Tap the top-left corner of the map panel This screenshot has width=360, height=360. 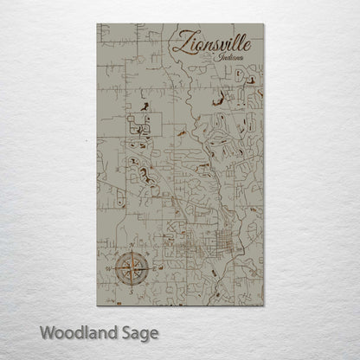97,23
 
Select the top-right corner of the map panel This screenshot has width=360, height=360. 264,23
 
